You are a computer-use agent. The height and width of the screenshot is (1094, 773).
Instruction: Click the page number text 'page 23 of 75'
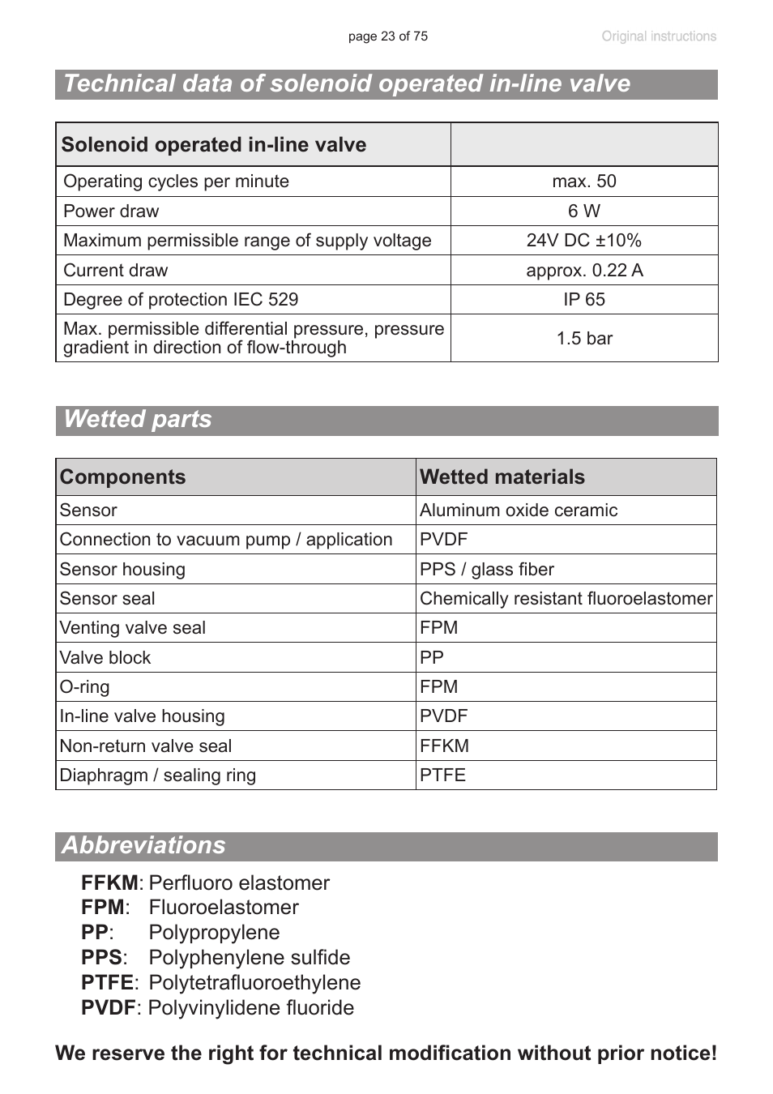(x=387, y=36)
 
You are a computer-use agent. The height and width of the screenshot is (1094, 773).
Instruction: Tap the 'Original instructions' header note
(x=658, y=36)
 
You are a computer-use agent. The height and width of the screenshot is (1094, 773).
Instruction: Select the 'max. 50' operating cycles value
(x=583, y=182)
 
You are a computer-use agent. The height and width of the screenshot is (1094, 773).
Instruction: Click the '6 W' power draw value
(x=583, y=212)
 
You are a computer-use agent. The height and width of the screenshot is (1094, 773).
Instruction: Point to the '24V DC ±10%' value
(x=583, y=241)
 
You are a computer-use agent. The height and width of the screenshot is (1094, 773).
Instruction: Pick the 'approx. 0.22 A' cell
(x=583, y=271)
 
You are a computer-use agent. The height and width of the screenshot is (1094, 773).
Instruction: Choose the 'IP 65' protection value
(x=583, y=300)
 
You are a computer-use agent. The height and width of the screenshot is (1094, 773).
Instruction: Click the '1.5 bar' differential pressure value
(x=583, y=339)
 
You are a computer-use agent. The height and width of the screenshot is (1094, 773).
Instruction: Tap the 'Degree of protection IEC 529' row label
(x=181, y=300)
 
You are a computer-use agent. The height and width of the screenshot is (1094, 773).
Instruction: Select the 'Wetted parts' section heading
(x=138, y=420)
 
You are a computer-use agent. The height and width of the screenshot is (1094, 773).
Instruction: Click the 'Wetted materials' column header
(x=502, y=477)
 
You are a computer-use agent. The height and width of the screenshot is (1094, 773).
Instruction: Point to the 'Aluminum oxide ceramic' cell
(x=518, y=511)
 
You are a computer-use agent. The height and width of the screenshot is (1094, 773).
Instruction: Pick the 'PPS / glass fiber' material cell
(x=486, y=570)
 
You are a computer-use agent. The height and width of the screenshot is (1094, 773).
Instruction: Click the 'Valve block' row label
(x=105, y=658)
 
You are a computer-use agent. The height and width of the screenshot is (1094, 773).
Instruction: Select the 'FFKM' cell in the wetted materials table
(x=444, y=746)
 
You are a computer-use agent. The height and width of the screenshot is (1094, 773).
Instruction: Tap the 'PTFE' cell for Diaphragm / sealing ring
(x=442, y=776)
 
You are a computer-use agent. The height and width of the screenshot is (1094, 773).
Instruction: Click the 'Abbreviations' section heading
(x=144, y=845)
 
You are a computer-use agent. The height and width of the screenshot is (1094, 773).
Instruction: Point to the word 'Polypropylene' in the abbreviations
(x=214, y=933)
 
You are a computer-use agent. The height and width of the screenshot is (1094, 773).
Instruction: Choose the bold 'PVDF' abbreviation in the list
(x=108, y=1008)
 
